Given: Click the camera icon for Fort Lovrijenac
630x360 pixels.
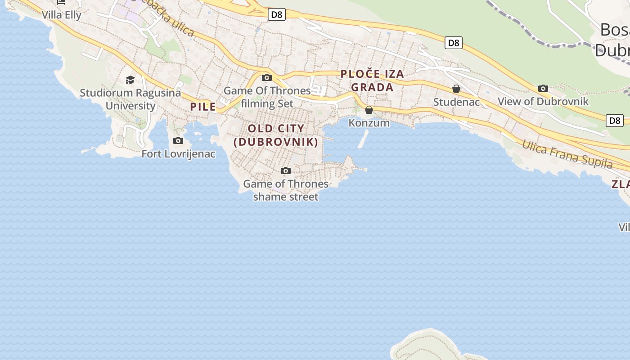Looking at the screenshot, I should (178, 141).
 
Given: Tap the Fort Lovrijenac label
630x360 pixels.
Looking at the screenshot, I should (179, 154).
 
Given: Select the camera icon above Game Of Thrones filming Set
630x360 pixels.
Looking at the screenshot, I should (267, 77).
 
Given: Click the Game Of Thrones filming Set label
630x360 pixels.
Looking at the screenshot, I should (267, 97).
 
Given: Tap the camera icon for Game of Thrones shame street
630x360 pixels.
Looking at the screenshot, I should (286, 171).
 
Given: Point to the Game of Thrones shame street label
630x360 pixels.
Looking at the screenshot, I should (286, 190).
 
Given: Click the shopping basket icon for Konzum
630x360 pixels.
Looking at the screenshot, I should (369, 110).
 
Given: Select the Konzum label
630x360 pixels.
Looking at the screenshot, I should (369, 123).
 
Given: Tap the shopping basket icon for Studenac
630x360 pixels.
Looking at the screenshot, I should (456, 89).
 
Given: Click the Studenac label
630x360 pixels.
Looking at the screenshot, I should (456, 102).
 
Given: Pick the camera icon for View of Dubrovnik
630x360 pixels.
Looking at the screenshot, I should (543, 88).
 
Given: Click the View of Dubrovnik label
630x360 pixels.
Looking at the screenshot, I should (543, 101).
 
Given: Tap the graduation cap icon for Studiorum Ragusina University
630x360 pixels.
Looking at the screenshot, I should (130, 80).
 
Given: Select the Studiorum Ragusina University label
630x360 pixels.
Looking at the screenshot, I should (130, 99).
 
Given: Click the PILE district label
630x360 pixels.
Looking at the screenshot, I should (203, 107).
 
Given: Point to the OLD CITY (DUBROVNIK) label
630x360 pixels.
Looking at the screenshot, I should (276, 135).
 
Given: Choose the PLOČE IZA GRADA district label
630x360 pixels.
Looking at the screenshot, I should (372, 81).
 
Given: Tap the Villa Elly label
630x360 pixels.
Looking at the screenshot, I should (62, 15).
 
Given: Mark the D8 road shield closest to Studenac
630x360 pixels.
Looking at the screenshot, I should (454, 43).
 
